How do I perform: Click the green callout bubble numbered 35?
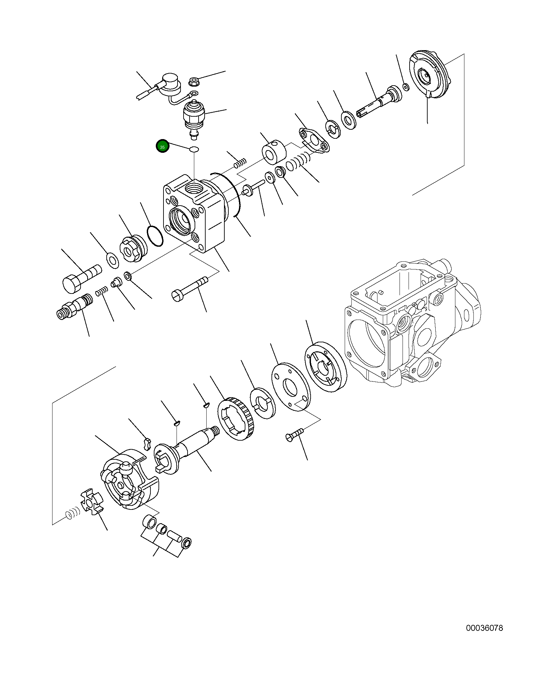(x=162, y=146)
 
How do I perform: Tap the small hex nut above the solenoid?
(x=193, y=81)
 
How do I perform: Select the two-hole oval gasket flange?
(x=314, y=140)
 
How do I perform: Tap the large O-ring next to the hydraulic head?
(x=155, y=236)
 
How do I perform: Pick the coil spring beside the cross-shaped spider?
(x=72, y=514)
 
